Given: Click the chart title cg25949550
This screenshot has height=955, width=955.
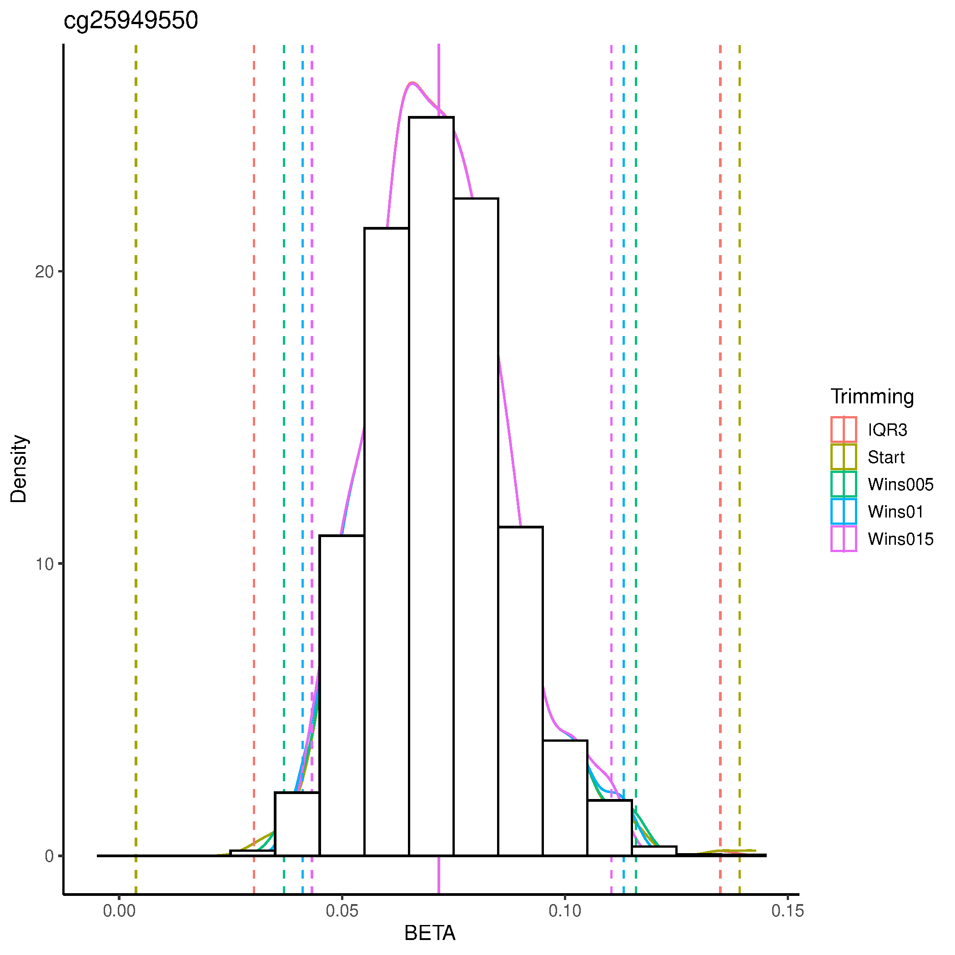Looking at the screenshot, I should (x=131, y=21).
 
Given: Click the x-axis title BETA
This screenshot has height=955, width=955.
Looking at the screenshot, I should (x=430, y=933).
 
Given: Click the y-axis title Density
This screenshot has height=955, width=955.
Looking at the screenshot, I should (x=19, y=468).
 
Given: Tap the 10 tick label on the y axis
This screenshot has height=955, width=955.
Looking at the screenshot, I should (x=44, y=564).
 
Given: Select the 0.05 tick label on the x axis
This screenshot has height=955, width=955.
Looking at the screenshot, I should (x=342, y=911).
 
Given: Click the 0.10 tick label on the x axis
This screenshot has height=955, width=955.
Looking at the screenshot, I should (x=564, y=911).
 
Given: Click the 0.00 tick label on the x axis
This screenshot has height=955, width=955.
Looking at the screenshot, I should (x=119, y=911).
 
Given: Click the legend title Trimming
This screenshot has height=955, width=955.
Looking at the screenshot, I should (x=872, y=397).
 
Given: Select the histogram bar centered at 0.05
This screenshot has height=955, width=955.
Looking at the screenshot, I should (x=342, y=692).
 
